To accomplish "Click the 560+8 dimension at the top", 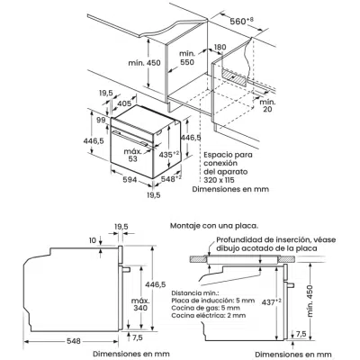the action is [x=241, y=22].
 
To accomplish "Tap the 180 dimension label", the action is [x=220, y=47].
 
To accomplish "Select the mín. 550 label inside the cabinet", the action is [x=187, y=58].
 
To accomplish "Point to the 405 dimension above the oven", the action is [x=124, y=103].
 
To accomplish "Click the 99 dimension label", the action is [x=101, y=120].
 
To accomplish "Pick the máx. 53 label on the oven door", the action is [x=133, y=155].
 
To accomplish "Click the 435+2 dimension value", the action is [x=168, y=155].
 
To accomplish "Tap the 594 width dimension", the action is [x=130, y=180].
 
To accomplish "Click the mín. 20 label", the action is [x=267, y=105].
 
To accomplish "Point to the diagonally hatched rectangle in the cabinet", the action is [x=234, y=76].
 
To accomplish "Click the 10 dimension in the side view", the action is [x=93, y=240].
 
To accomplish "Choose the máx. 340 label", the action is [x=140, y=304].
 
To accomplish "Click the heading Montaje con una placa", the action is [x=214, y=226].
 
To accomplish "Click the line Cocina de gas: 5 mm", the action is [x=206, y=308].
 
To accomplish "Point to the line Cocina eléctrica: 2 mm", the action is [x=209, y=315].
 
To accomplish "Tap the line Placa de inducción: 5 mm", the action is [x=213, y=301].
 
